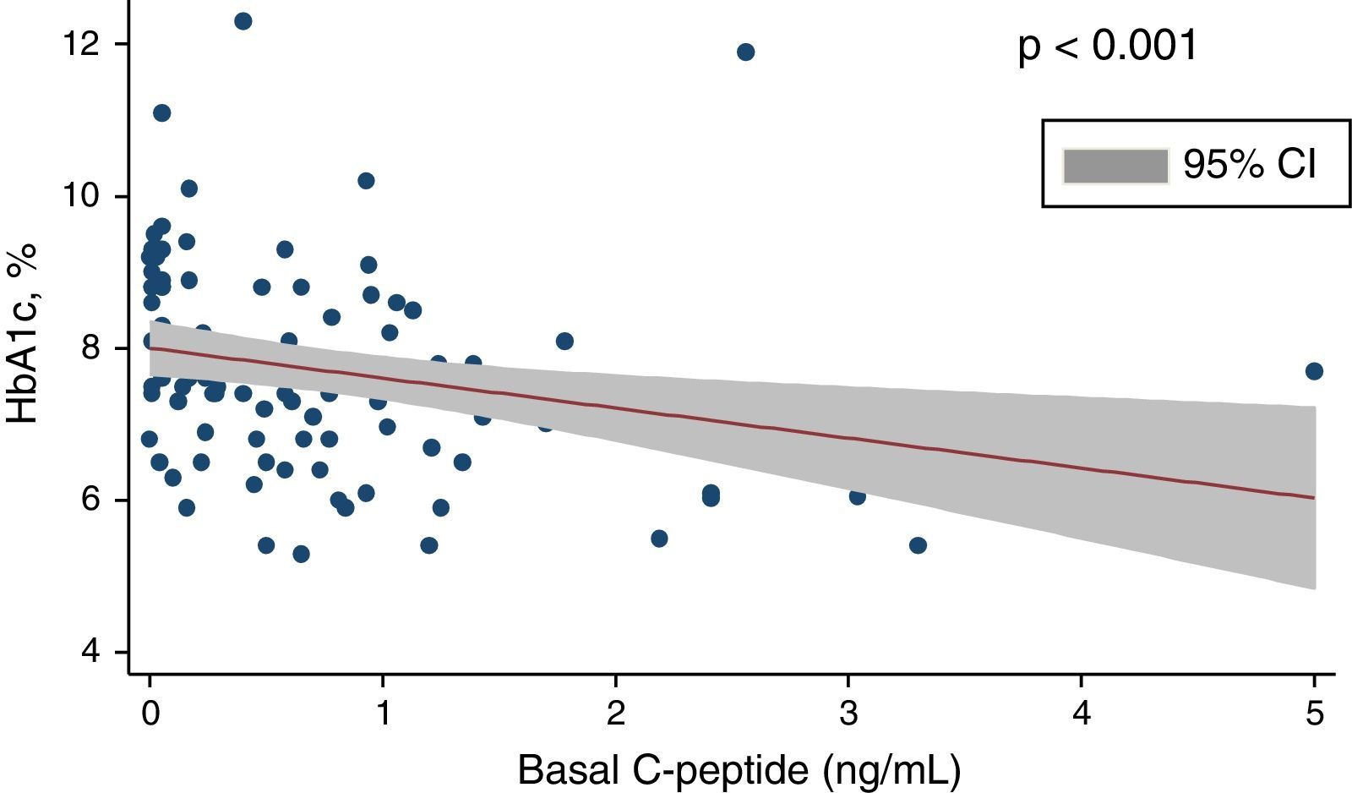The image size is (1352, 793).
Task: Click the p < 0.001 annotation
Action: pos(1108,46)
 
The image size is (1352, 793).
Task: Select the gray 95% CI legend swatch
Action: pos(1115,166)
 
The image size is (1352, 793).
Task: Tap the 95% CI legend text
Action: pos(1249,165)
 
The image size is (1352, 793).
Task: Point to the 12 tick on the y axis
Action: pos(84,44)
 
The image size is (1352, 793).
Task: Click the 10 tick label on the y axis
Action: pos(84,196)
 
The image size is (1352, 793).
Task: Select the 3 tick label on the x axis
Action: pos(848,714)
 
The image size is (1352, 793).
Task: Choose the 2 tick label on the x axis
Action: pos(616,714)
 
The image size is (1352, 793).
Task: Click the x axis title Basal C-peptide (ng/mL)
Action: pos(739,770)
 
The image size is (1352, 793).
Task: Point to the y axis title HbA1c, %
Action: pos(23,333)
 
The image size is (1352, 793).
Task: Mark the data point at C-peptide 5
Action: pos(1314,371)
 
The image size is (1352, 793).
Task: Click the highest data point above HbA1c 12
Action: pos(243,21)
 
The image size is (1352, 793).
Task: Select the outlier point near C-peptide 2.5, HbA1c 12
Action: pos(745,52)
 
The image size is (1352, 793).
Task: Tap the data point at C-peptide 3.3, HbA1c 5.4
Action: pos(918,545)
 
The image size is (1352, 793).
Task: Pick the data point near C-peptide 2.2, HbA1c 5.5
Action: pos(659,539)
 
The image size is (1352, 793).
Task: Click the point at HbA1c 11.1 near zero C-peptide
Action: pos(161,113)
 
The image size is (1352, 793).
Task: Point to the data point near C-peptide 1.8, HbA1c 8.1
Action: pos(564,342)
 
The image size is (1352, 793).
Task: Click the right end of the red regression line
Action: pos(1313,497)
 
